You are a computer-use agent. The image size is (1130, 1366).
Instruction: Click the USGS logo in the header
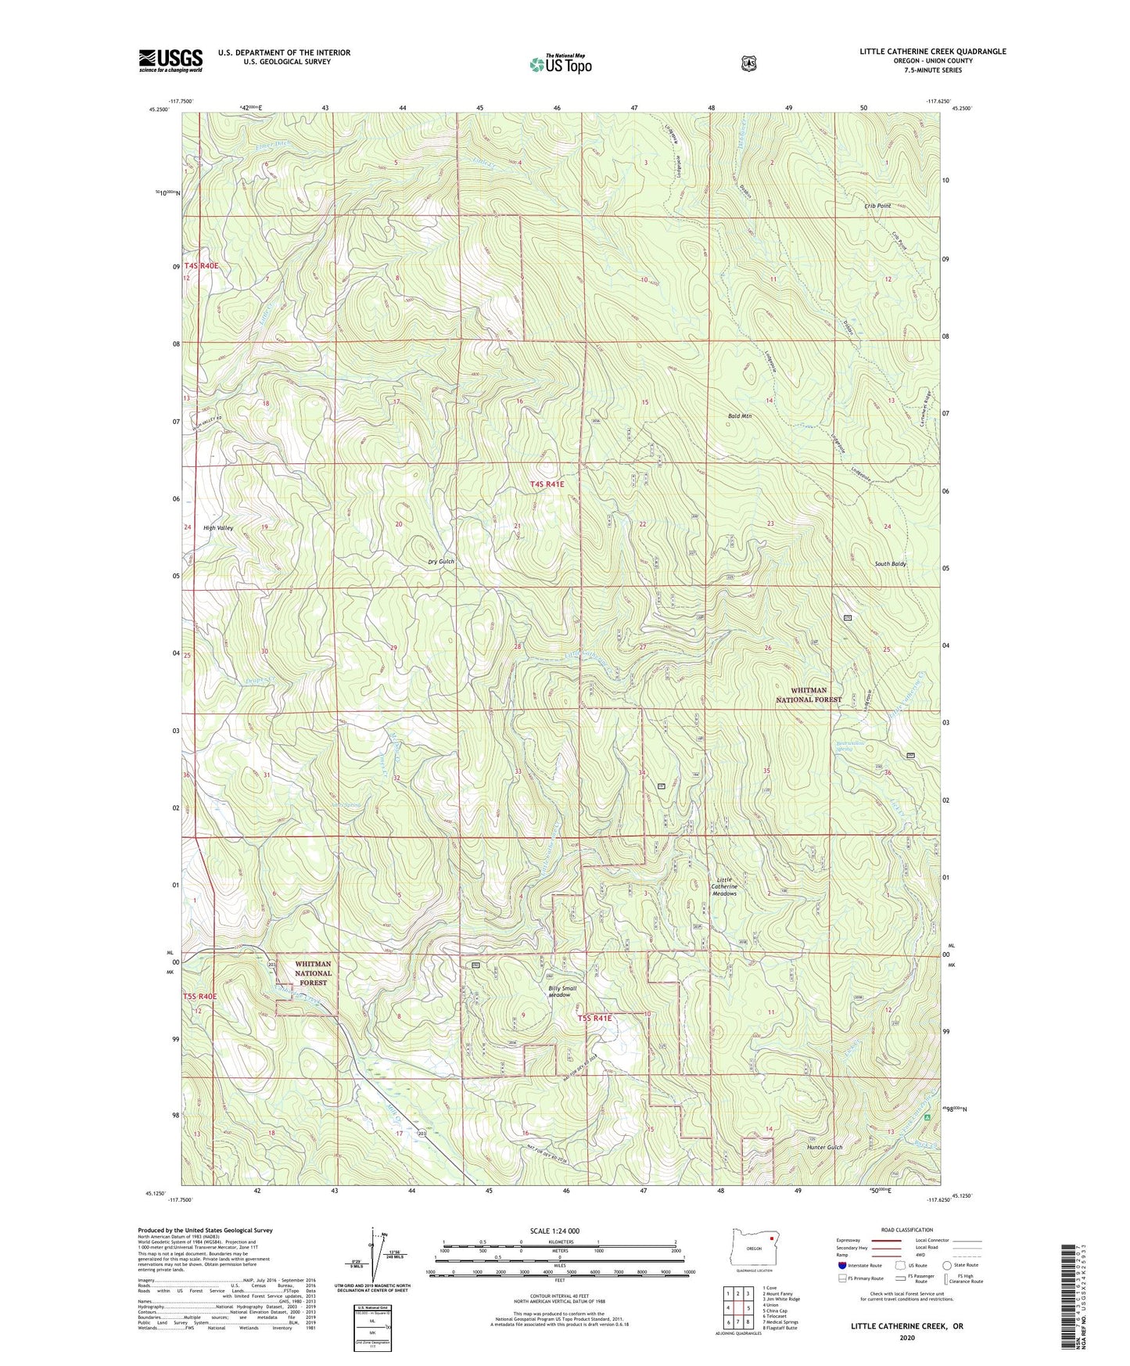170,60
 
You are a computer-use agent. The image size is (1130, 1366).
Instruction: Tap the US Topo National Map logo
560,63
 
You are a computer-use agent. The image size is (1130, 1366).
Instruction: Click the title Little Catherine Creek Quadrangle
932,52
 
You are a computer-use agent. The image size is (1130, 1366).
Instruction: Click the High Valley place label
218,528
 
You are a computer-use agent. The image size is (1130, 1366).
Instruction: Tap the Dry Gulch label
440,562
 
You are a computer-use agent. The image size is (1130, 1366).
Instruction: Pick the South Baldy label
890,564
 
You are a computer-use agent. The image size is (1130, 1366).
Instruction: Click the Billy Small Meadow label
562,991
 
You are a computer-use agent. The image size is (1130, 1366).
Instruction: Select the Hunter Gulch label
825,1148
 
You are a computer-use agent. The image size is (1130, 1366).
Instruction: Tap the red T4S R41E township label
547,484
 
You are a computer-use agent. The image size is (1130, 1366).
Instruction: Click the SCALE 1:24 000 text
554,1231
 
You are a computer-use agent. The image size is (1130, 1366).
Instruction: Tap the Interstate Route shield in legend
841,1264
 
